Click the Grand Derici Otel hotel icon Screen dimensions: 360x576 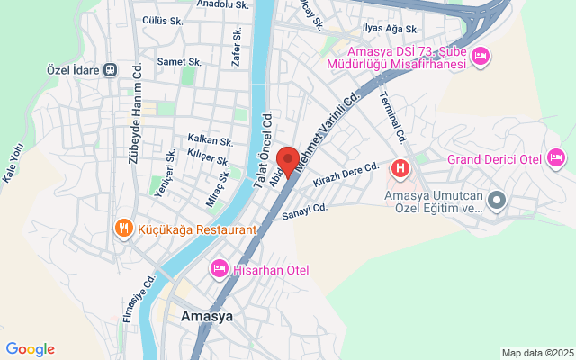tap(557, 159)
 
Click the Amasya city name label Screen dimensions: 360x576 tap(207, 317)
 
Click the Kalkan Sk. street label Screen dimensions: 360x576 tap(210, 141)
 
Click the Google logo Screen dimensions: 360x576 tap(31, 349)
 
